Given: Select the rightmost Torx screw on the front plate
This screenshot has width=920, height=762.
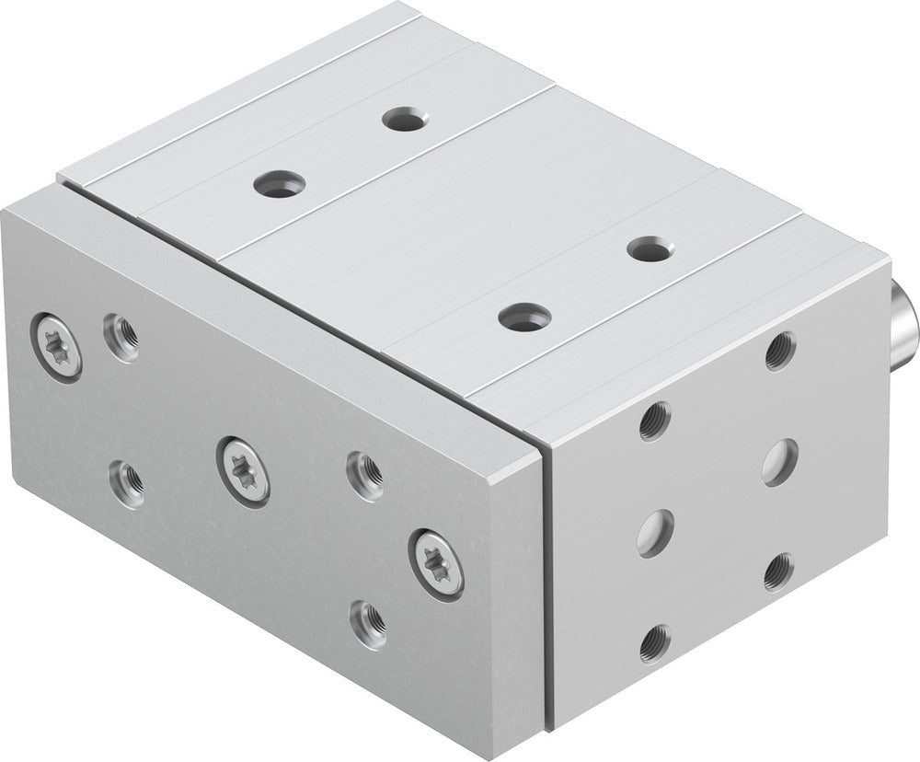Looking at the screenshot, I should coord(435,561).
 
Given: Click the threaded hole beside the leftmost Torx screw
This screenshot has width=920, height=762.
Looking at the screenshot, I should coord(121,338).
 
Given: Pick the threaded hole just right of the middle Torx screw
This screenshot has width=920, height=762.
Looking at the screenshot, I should coord(364,474).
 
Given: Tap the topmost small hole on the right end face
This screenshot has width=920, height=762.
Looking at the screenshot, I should coord(780,351).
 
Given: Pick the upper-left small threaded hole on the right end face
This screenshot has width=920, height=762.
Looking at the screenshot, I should coord(654,421).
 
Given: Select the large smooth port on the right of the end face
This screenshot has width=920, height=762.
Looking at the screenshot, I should coord(780,460).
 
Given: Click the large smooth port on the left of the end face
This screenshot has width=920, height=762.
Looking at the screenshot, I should coord(654,533).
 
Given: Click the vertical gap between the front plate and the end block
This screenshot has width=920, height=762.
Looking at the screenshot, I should coord(547,589).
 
